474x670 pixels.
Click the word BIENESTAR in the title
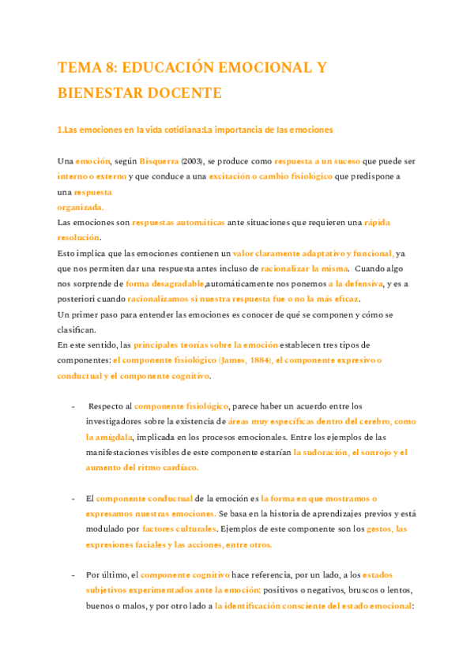coord(101,93)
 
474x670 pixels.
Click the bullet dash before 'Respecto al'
coord(73,406)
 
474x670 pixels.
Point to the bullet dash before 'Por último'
coord(73,574)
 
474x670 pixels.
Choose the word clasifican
coord(77,329)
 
